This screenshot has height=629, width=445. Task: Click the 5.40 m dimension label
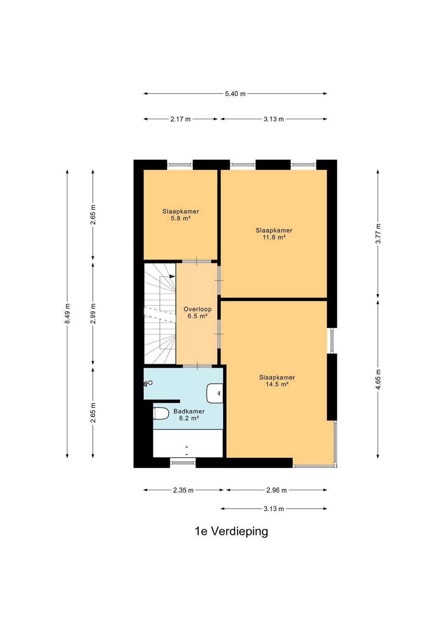tap(235, 94)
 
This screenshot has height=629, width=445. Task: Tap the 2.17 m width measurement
tap(180, 119)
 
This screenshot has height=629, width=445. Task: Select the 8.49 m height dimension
tap(68, 313)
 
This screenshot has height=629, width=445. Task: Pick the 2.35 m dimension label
tap(183, 490)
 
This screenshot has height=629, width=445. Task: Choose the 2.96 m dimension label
tap(276, 490)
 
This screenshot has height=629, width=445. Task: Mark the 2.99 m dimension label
tap(93, 313)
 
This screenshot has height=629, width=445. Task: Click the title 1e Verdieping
tap(231, 531)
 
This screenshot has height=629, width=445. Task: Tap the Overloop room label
tap(197, 312)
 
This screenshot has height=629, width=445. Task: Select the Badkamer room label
tap(189, 415)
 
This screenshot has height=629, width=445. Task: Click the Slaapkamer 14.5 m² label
tap(277, 381)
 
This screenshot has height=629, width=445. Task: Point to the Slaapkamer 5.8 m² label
tap(180, 215)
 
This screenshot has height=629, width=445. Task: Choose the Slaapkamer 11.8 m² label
tap(274, 234)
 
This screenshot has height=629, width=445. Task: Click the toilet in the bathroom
tap(161, 413)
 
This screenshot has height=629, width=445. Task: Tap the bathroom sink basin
tap(215, 393)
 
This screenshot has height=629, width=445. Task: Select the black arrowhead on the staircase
tap(172, 276)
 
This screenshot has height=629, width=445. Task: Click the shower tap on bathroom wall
tap(148, 383)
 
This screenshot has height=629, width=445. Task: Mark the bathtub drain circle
tap(187, 447)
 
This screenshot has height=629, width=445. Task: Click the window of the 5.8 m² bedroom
tap(180, 165)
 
